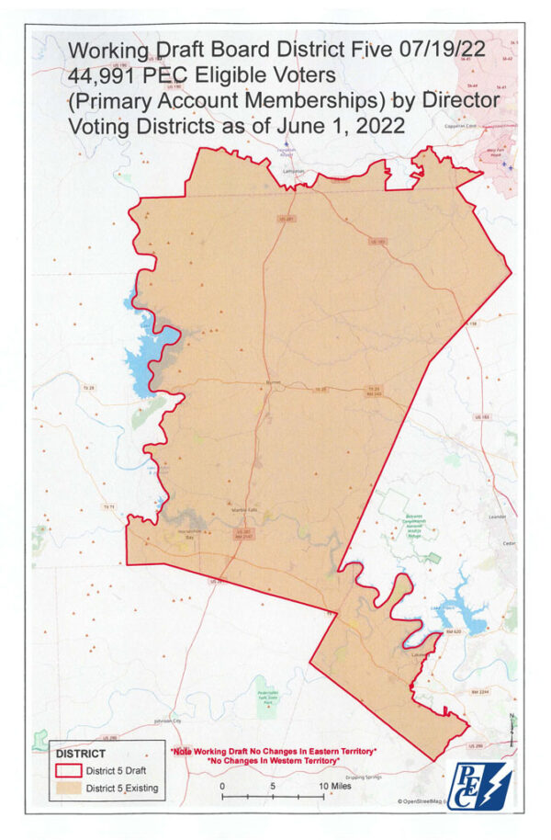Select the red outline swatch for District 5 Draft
coord(69,771)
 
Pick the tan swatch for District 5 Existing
coord(69,789)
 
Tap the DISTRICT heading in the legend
coord(80,753)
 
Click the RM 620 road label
coord(451,632)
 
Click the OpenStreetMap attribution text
coord(421,801)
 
